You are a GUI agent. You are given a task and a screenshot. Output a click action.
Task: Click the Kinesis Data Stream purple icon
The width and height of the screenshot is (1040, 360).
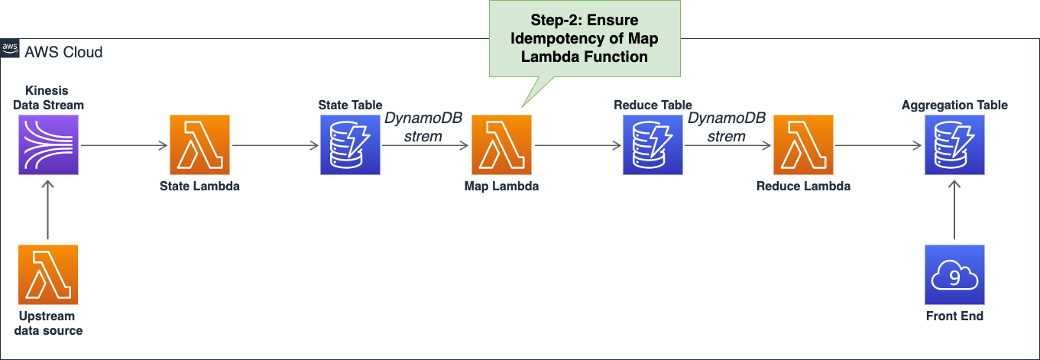point(48,145)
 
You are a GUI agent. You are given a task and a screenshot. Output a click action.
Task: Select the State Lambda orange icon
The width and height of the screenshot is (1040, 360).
point(199,145)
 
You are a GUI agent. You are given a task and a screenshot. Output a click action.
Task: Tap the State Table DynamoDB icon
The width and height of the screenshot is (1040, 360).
point(350,145)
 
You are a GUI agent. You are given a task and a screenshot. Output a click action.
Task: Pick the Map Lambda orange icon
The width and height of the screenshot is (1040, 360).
point(501,145)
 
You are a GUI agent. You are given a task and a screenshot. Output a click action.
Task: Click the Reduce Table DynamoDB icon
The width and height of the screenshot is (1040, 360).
point(653,145)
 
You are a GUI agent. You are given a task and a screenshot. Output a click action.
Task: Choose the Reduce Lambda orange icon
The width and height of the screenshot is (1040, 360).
point(803,145)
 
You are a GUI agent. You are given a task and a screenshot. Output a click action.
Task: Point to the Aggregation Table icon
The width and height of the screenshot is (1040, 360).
point(954,145)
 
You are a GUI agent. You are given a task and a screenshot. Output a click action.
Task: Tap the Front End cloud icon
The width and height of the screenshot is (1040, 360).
point(954,274)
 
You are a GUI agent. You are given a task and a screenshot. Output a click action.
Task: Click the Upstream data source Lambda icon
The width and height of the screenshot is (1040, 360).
point(48,274)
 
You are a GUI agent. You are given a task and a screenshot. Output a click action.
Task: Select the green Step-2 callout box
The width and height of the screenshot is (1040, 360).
point(585,38)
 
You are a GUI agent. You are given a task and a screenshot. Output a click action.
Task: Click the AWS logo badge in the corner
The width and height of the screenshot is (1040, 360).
point(10,48)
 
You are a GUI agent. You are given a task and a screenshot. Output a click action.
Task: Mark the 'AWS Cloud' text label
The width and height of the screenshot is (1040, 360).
point(63,52)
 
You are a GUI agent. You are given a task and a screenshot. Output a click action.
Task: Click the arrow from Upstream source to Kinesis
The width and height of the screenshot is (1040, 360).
point(48,210)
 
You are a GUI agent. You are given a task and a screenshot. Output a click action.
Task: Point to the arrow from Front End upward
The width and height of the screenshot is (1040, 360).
point(954,210)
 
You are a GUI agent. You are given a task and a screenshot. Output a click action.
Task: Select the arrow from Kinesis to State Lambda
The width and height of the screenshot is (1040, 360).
point(124,145)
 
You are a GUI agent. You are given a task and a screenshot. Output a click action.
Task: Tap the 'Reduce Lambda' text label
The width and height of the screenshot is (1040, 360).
point(803,186)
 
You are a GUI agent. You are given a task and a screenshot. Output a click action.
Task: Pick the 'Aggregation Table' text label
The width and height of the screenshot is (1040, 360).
point(954,105)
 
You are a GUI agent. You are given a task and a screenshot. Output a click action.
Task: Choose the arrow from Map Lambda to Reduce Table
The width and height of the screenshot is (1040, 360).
point(578,145)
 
